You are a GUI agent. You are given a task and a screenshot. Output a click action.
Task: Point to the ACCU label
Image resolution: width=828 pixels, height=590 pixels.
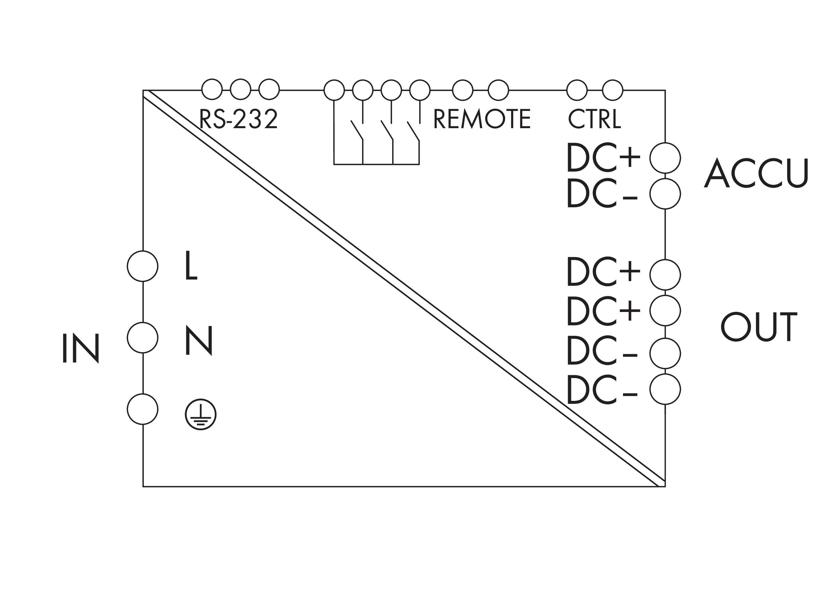[756, 173]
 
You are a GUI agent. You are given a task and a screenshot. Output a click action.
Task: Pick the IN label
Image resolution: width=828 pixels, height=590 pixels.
[81, 348]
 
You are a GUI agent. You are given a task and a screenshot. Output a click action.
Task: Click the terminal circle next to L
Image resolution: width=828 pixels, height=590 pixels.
[143, 266]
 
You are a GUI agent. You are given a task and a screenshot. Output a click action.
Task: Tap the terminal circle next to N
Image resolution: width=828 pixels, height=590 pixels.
[143, 338]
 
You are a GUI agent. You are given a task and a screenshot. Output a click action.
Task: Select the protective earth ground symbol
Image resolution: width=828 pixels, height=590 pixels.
[201, 415]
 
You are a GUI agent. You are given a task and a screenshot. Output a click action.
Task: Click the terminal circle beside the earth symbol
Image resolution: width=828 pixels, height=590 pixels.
[143, 409]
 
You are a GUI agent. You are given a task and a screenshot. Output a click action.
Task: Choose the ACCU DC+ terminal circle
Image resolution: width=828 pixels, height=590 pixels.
[665, 158]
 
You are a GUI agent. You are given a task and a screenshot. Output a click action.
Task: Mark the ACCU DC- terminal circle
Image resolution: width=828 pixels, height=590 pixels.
[665, 194]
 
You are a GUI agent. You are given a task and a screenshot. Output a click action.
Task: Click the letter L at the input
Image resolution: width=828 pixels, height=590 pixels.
[191, 266]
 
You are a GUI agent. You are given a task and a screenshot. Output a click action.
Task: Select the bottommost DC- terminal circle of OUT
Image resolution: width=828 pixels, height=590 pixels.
[665, 389]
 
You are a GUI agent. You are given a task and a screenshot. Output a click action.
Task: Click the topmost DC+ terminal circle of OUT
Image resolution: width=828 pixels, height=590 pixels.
[665, 275]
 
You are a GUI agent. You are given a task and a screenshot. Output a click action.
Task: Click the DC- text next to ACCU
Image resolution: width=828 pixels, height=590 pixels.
[602, 193]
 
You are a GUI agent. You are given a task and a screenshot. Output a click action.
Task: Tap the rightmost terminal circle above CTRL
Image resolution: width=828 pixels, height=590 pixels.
[612, 90]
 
